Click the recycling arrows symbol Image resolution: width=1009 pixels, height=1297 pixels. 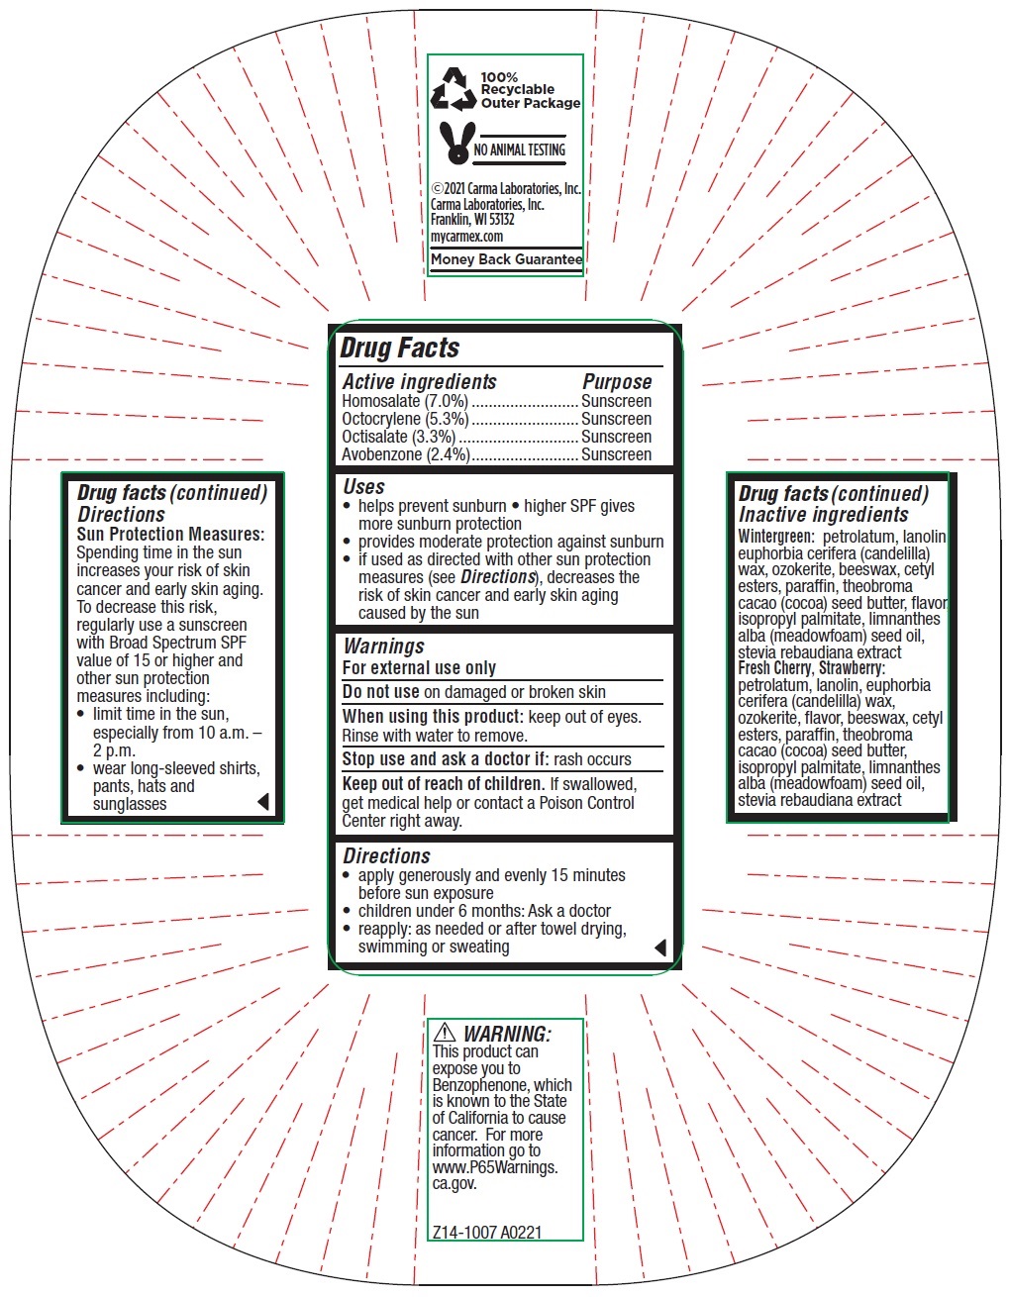[x=454, y=89]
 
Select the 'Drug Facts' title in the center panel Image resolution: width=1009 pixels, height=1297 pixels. [x=400, y=348]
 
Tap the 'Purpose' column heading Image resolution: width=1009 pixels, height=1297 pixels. [x=617, y=381]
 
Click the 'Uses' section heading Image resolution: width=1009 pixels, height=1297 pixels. [x=363, y=486]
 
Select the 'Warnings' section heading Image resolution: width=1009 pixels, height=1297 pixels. [x=383, y=646]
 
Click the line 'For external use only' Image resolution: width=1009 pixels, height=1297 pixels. [x=419, y=667]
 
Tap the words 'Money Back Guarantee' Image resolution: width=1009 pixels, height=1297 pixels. [x=506, y=259]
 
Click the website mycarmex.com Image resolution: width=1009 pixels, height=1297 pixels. [x=466, y=237]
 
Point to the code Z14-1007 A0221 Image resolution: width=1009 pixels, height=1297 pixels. [x=487, y=1233]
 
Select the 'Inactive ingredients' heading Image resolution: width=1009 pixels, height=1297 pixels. [x=823, y=515]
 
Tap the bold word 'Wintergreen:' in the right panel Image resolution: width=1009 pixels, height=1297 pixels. [x=775, y=537]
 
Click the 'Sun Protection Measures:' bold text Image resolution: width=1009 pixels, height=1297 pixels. [x=170, y=534]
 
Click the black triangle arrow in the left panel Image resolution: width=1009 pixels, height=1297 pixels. [x=263, y=802]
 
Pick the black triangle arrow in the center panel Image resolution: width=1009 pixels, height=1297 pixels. [x=660, y=948]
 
